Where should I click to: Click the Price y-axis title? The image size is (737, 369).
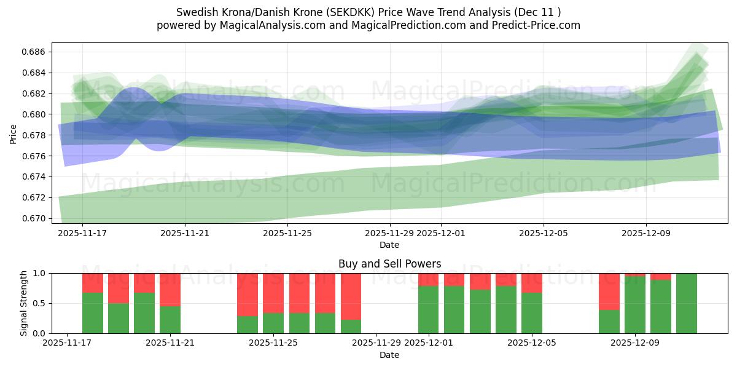pos(14,133)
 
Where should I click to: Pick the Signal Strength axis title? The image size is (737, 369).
pos(24,303)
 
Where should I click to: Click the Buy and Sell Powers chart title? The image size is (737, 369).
pos(389,264)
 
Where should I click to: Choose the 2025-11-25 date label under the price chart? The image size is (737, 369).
pos(287,233)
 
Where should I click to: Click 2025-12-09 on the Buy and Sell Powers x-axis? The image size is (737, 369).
pos(646,343)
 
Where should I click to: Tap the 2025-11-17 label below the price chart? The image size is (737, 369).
pos(82,233)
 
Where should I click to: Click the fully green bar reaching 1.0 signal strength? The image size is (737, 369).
pos(686,303)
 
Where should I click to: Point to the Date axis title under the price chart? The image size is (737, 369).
pos(389,245)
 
